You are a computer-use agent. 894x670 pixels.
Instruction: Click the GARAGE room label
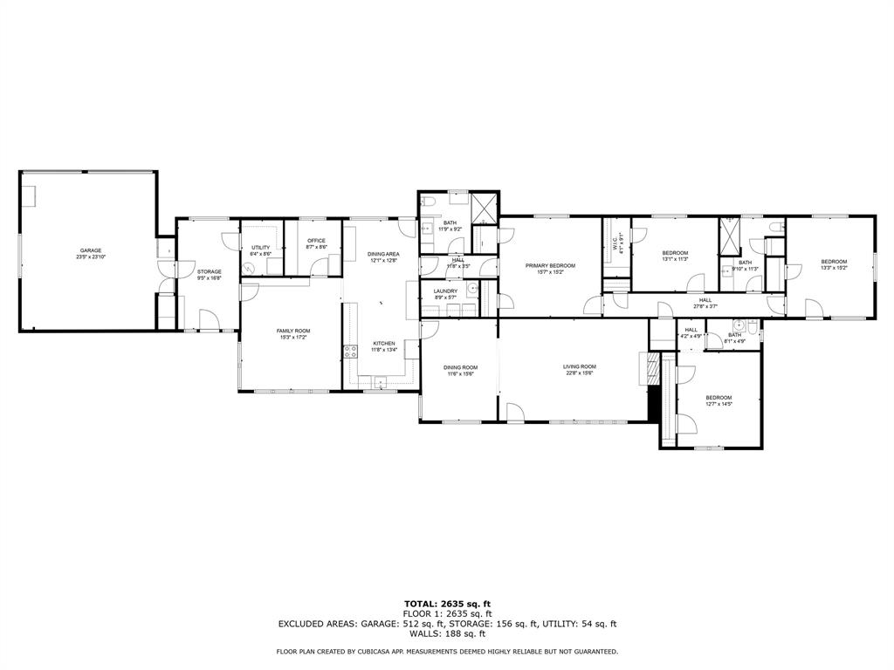click(91, 250)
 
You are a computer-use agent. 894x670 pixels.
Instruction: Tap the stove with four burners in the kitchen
click(350, 352)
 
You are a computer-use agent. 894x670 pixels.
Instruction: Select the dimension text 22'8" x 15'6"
click(579, 373)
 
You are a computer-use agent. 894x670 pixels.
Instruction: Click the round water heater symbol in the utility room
click(248, 270)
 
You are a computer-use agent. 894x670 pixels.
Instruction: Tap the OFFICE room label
click(316, 241)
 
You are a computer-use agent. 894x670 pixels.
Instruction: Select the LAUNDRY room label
click(445, 291)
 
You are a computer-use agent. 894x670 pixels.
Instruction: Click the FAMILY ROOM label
click(293, 331)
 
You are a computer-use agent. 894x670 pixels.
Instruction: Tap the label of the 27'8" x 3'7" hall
click(705, 300)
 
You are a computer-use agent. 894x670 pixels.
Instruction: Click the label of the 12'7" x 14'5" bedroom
click(719, 398)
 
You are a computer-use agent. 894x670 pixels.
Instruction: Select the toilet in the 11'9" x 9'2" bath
click(427, 202)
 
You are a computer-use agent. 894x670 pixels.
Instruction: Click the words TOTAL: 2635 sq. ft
click(447, 604)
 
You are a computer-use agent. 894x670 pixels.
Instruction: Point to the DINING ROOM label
click(460, 367)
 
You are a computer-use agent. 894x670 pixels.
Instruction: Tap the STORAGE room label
click(209, 272)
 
